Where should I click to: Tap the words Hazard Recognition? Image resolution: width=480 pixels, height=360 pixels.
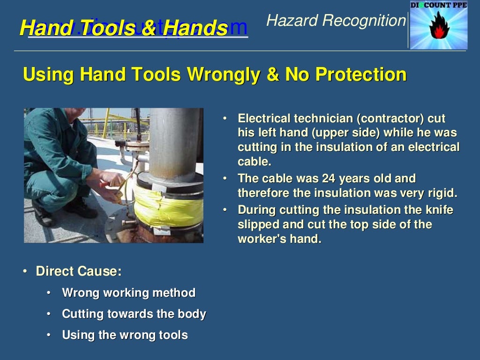point(335,21)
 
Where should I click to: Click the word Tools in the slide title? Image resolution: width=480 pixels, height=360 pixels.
point(107,29)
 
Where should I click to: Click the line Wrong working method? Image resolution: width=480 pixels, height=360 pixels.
point(128,293)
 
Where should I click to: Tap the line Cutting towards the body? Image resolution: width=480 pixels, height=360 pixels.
point(134,314)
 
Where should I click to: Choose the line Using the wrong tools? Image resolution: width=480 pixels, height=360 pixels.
point(125,335)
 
